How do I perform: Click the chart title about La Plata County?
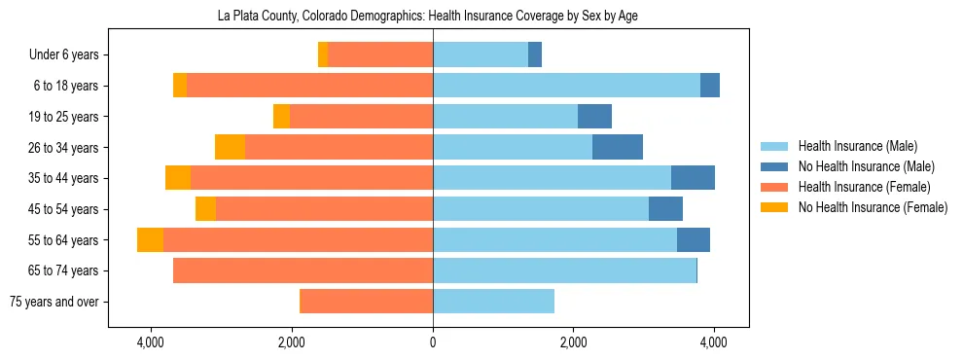point(434,17)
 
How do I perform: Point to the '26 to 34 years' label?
point(63,148)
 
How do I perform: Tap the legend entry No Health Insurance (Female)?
point(873,207)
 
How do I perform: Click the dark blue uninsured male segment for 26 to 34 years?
point(618,148)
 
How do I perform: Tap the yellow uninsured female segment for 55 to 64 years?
point(150,240)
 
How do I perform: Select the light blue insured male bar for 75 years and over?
point(493,302)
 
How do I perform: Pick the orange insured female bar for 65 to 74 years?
point(303,270)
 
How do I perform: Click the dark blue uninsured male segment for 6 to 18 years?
point(710,86)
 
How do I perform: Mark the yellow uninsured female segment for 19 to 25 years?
point(281,117)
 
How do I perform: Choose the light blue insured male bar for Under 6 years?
point(481,55)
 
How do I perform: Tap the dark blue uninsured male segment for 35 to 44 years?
point(693,178)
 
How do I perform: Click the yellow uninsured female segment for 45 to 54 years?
point(205,209)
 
